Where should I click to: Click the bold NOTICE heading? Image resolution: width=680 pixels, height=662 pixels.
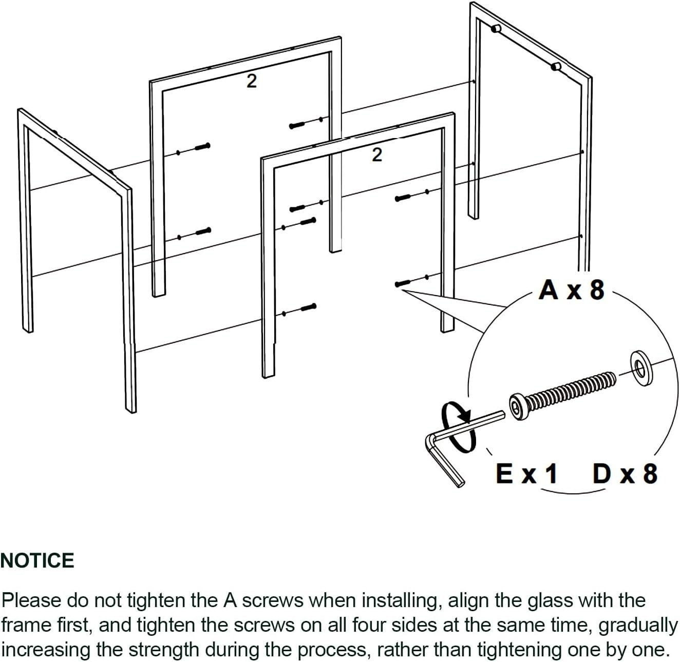pos(37,561)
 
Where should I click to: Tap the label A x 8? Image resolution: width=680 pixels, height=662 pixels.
pos(571,290)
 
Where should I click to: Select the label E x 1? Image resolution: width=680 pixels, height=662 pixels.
pos(526,474)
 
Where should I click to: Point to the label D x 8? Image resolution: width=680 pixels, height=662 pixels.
pos(625,474)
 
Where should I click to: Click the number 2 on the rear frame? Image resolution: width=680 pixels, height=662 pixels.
pos(251,81)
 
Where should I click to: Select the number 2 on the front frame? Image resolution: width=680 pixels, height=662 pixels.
pos(376,154)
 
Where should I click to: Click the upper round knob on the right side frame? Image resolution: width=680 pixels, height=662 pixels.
pos(496,29)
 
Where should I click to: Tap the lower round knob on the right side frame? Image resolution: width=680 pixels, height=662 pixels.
pos(556,66)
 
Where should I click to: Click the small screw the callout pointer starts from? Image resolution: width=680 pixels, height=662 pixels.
pos(403,283)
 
